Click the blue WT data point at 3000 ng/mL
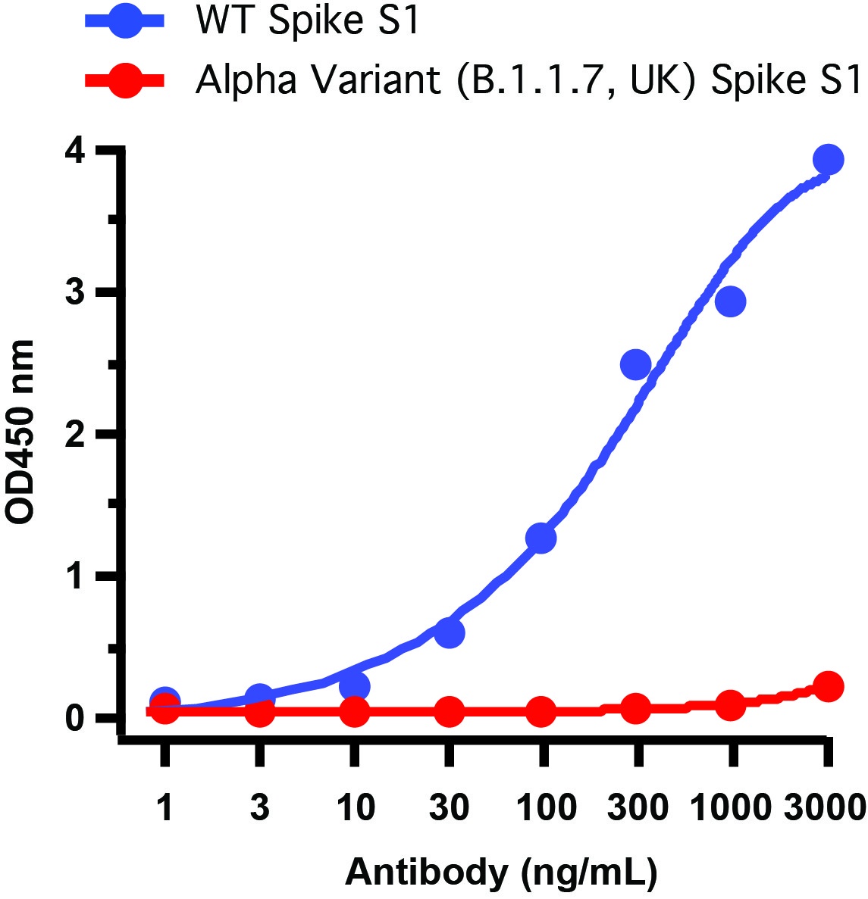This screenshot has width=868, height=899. coord(828,160)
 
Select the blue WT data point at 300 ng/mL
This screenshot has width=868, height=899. coord(635,365)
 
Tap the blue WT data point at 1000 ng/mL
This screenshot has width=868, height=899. coord(730,302)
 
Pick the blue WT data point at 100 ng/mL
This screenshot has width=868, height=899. coord(541,538)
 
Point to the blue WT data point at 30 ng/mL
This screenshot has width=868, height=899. coord(449,632)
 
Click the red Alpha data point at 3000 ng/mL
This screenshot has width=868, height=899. coord(828,687)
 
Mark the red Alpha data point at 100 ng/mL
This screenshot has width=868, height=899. coord(541,711)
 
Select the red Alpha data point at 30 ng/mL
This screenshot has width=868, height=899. coord(449,711)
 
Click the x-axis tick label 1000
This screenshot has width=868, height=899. coord(730,809)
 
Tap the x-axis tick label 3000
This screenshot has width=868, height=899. coord(825,809)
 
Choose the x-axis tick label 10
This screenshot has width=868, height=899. coord(354,809)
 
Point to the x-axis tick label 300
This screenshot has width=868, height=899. coord(637,809)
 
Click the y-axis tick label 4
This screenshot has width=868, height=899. coord(74,151)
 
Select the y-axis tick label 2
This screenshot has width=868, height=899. coord(74,434)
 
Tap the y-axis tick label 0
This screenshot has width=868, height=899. coord(74,717)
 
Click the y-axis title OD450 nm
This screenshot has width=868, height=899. coord(21,432)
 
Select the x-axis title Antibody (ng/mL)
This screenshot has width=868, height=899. coord(501,872)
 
